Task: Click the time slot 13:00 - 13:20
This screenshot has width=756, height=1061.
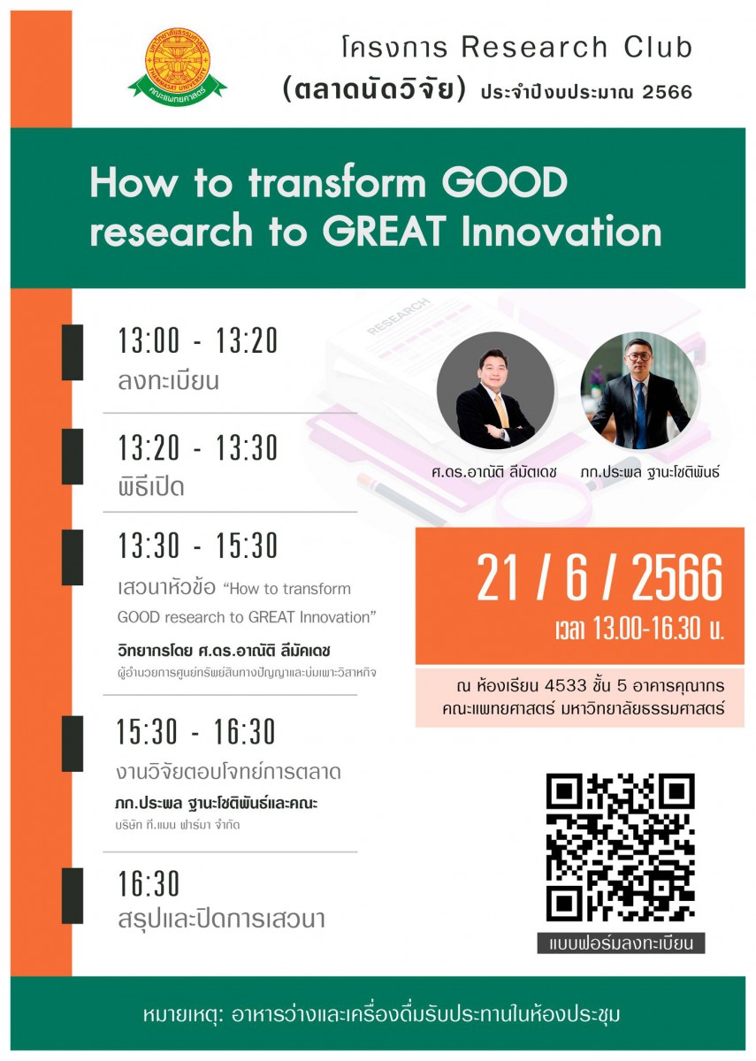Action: tap(197, 340)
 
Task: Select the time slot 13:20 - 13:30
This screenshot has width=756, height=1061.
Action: tap(197, 447)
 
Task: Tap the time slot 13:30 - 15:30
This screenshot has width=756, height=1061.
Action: tap(197, 546)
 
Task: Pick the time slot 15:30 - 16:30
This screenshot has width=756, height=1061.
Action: tap(196, 731)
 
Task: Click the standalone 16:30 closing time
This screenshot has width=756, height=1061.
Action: tap(149, 883)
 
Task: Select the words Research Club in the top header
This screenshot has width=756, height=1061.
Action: tap(577, 48)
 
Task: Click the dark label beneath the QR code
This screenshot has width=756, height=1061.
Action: tap(621, 943)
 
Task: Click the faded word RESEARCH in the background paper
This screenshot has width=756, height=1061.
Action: tap(399, 316)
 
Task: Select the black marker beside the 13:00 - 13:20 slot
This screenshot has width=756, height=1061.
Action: tap(73, 353)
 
